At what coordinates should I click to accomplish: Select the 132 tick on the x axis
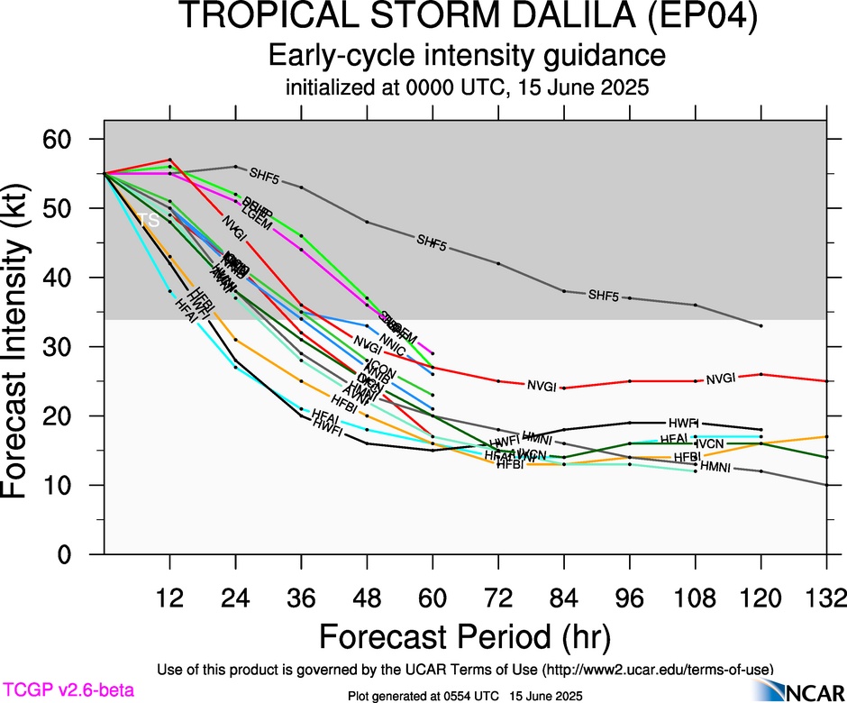click(826, 599)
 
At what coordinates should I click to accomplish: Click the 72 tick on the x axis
click(498, 599)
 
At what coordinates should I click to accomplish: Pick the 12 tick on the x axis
click(169, 599)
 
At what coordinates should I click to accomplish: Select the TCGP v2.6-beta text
click(68, 690)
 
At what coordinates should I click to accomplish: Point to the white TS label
click(148, 221)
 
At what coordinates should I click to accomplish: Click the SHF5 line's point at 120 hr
click(761, 325)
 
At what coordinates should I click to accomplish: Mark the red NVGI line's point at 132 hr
click(826, 381)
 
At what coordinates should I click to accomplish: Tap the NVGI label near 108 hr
click(721, 379)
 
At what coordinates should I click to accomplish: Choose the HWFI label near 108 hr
click(683, 423)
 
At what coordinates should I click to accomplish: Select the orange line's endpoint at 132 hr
click(826, 436)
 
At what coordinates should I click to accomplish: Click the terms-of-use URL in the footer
click(657, 670)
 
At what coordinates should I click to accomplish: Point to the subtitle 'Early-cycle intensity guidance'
click(468, 56)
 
